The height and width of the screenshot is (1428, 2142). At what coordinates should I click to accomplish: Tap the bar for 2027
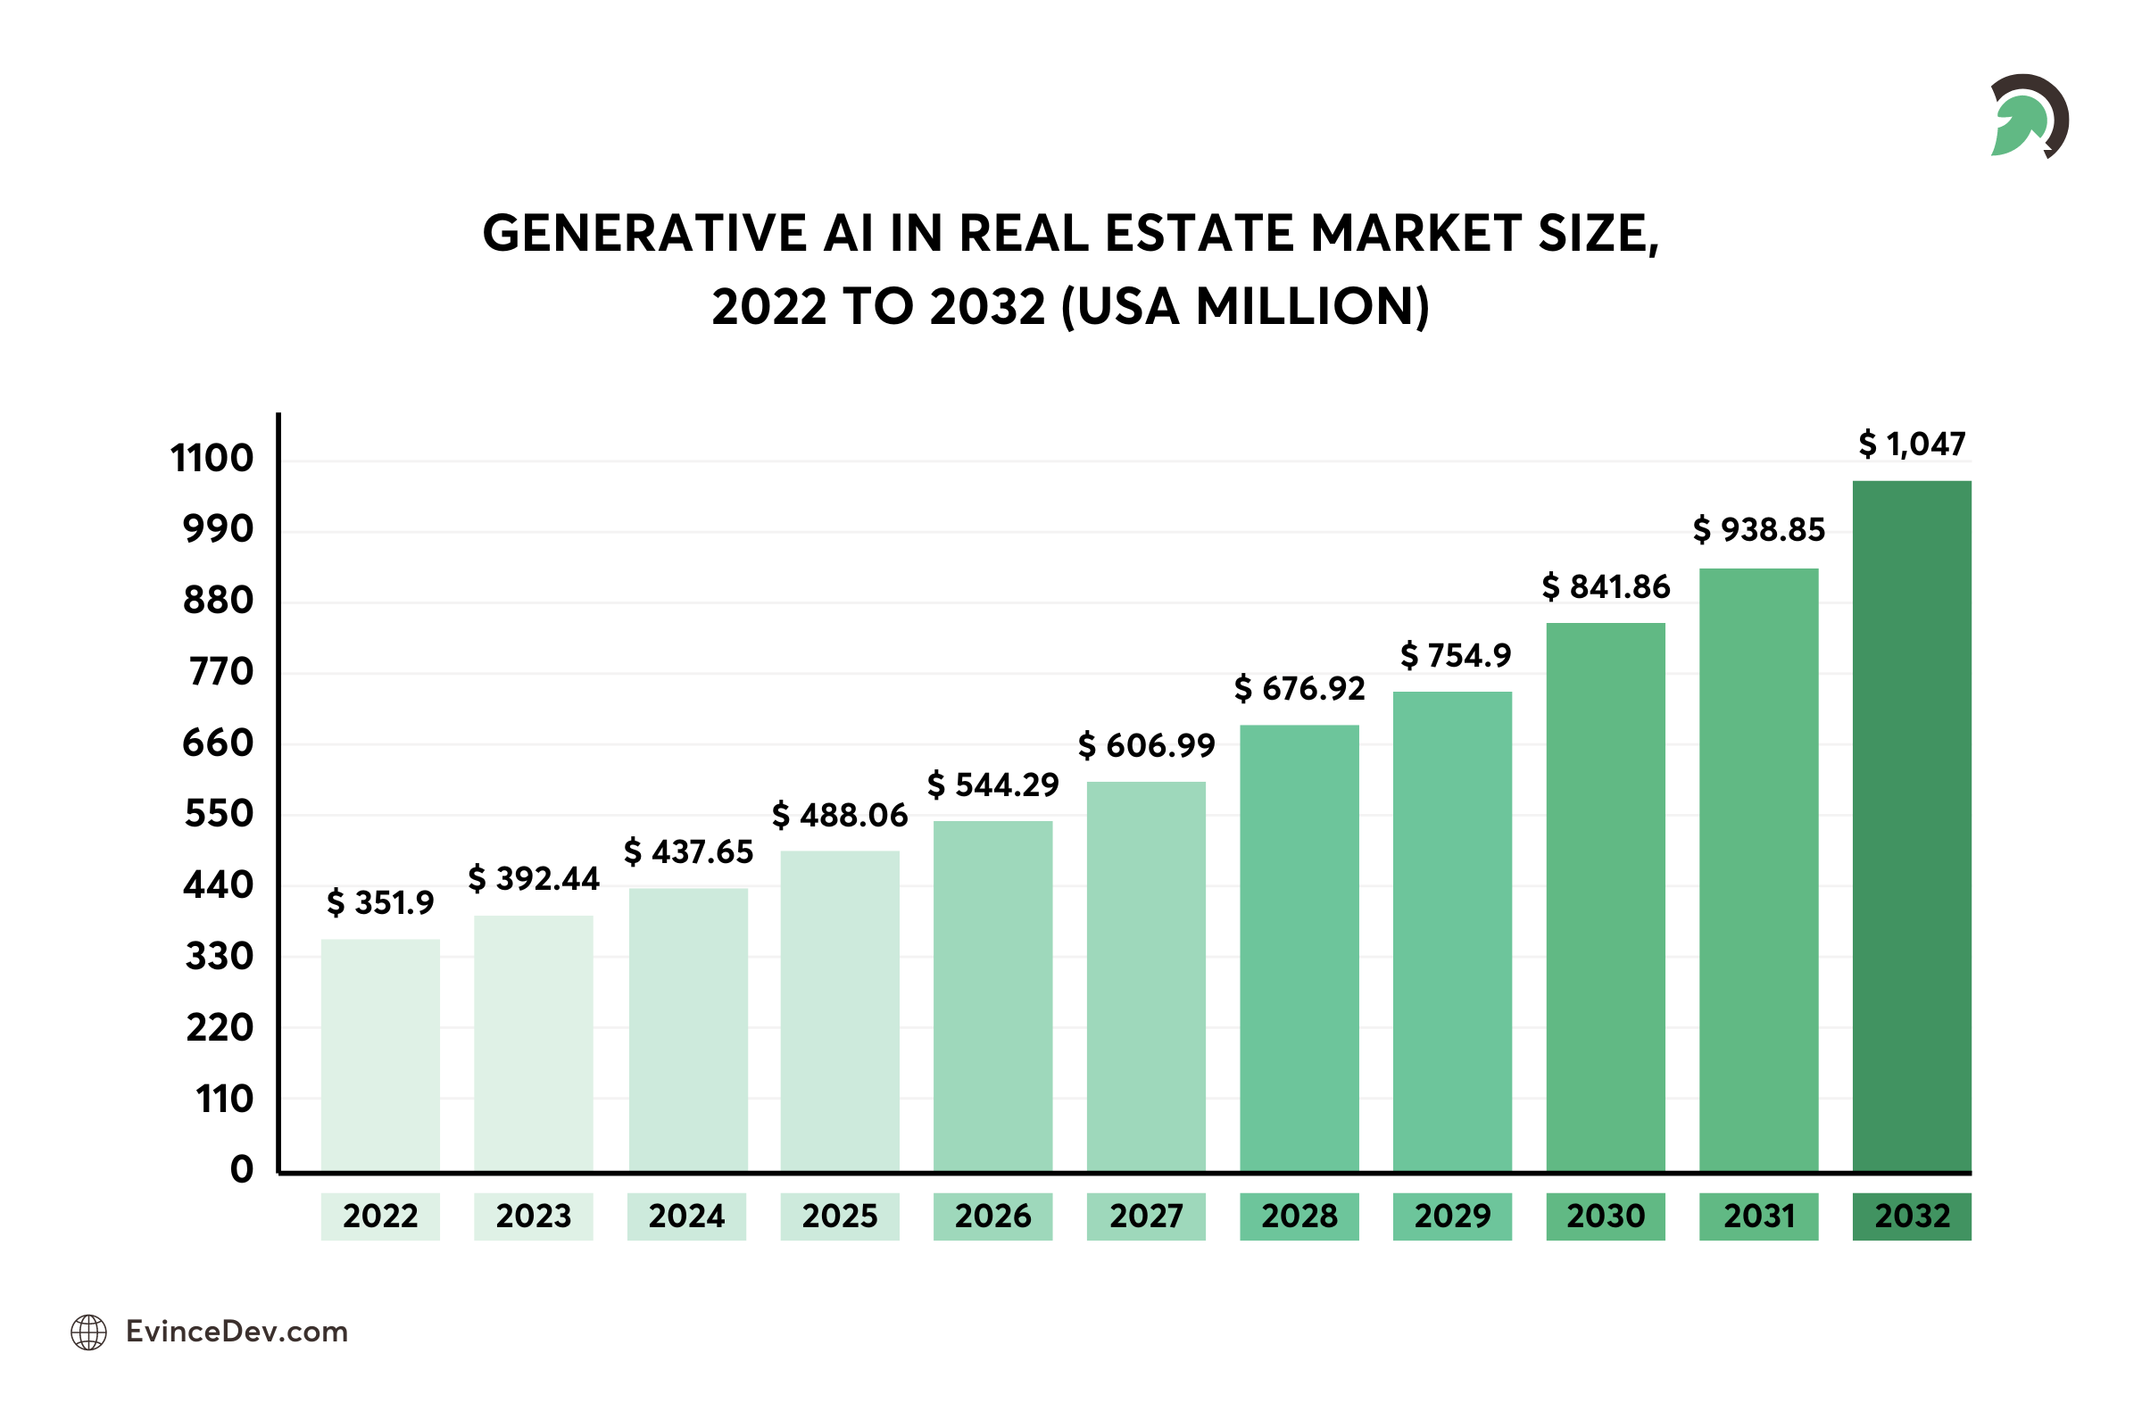click(1146, 976)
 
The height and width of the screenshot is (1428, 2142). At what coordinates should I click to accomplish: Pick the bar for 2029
click(1452, 931)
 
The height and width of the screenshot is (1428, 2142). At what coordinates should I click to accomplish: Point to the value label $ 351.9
click(381, 902)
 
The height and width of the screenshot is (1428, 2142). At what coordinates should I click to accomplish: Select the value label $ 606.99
click(1146, 746)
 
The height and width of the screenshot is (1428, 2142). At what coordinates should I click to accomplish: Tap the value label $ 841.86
click(1606, 587)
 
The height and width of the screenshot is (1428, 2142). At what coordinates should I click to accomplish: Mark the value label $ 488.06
click(840, 815)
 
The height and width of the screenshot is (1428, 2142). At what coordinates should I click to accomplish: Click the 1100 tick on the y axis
click(212, 458)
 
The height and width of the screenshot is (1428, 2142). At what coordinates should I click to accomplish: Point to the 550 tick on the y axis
click(219, 813)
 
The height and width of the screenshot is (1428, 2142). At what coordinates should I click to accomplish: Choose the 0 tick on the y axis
click(241, 1169)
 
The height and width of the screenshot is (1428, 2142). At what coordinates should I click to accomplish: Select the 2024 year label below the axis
click(686, 1216)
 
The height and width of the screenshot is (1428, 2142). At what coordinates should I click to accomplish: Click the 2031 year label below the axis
click(1758, 1216)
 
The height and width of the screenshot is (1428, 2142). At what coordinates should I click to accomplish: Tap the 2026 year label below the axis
click(992, 1216)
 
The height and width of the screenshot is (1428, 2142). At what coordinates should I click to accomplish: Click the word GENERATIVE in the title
click(644, 233)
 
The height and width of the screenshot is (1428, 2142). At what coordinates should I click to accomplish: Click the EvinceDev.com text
click(237, 1332)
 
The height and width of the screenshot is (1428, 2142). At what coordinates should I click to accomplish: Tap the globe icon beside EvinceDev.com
click(88, 1333)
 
